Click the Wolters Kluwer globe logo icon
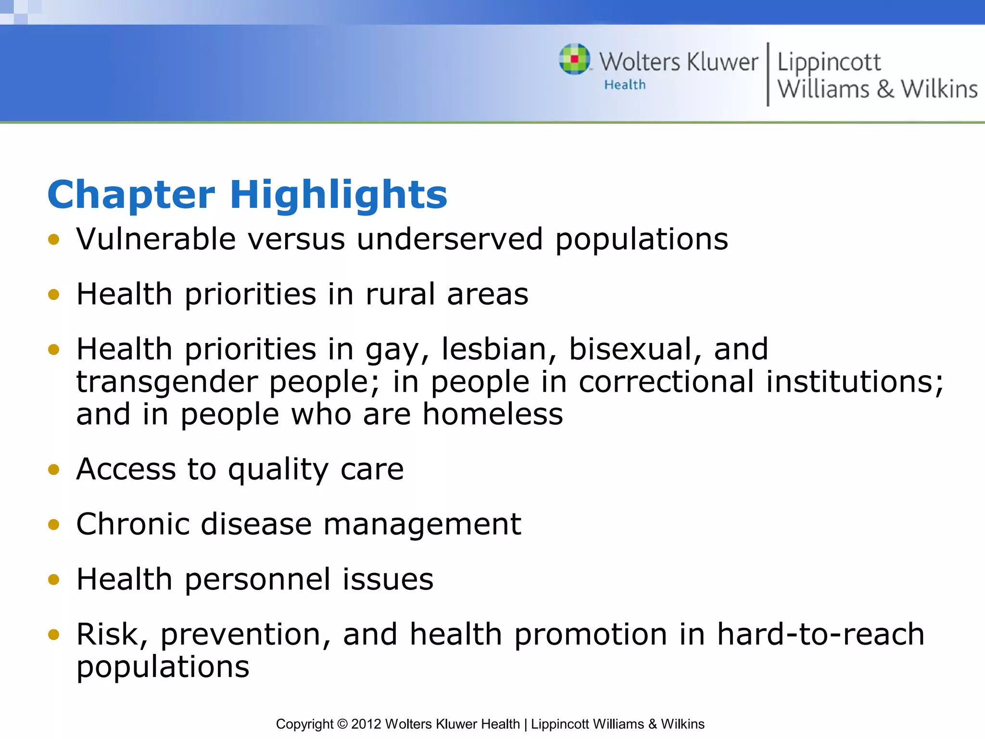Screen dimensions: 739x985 [575, 59]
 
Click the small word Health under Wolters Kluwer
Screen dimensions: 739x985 [625, 85]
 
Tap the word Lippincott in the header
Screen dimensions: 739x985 [829, 63]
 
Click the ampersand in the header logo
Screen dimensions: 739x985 [885, 89]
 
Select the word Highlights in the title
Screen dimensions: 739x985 [339, 195]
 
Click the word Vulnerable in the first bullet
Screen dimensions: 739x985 [156, 239]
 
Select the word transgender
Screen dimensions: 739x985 [166, 382]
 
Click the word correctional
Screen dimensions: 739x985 [666, 382]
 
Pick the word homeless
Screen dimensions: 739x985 [492, 414]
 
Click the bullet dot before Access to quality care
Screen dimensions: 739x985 [54, 470]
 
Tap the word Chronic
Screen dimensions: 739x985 [133, 524]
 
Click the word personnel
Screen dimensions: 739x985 [258, 579]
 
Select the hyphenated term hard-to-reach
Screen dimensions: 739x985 [821, 634]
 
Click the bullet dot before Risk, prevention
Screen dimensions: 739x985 [54, 635]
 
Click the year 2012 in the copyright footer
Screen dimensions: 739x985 [366, 724]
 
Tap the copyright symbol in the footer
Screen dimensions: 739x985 [342, 724]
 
